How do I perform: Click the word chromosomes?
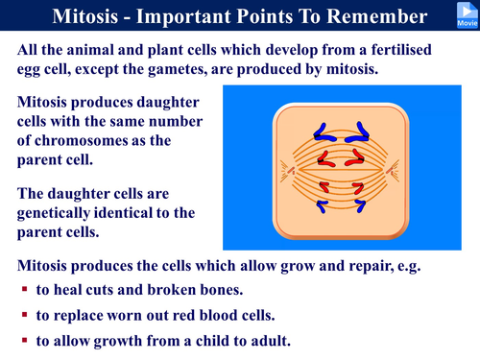[89, 140]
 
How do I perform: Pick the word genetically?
[60, 212]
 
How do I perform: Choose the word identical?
[141, 212]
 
